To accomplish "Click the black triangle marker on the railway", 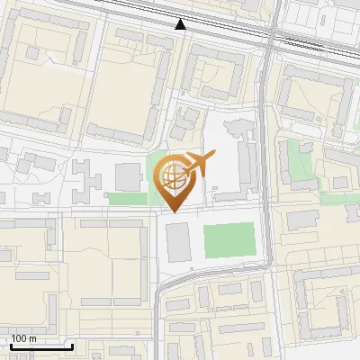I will pyautogui.click(x=181, y=24).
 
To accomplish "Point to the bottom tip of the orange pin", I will pyautogui.click(x=174, y=211).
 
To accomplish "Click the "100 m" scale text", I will pyautogui.click(x=23, y=338).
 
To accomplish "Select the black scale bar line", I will pyautogui.click(x=41, y=346).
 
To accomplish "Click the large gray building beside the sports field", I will pyautogui.click(x=179, y=242).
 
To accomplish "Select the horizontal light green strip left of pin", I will pyautogui.click(x=127, y=198).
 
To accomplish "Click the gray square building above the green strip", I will pyautogui.click(x=129, y=177).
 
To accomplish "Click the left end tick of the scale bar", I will pyautogui.click(x=10, y=346).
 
